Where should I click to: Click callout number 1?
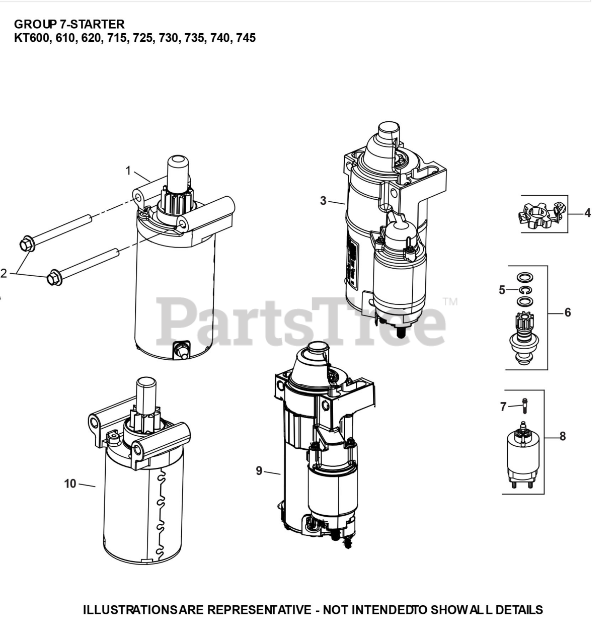128,171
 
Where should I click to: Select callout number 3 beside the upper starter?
323,201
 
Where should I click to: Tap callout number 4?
587,213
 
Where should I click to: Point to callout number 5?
502,290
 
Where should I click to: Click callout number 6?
568,312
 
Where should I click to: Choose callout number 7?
503,407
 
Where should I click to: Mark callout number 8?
563,436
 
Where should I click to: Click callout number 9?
259,470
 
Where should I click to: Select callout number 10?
70,484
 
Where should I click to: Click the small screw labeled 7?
524,406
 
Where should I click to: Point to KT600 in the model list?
32,38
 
